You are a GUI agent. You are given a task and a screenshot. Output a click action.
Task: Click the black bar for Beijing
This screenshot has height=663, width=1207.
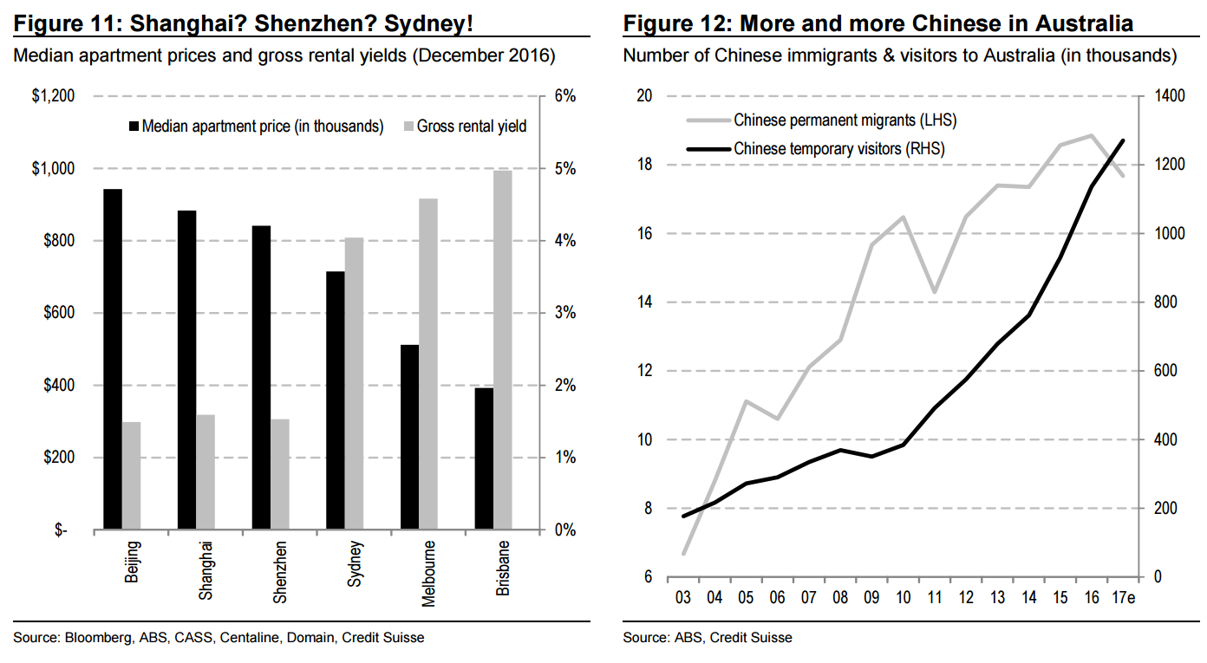coord(113,359)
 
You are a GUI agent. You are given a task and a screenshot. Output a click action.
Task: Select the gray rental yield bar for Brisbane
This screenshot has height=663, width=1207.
coord(503,350)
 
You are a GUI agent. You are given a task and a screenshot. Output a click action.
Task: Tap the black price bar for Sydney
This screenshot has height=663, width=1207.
coord(336,400)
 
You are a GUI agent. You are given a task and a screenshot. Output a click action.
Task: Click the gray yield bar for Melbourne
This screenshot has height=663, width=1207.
coord(428,364)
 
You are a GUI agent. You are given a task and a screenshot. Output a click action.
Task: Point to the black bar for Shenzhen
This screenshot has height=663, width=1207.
coord(261,378)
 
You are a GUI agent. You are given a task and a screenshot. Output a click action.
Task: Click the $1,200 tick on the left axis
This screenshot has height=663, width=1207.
coord(52,96)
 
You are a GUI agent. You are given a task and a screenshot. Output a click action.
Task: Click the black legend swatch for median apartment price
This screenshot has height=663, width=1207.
coord(133,127)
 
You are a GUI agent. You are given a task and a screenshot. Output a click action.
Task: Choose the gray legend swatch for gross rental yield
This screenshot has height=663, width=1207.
coord(408,127)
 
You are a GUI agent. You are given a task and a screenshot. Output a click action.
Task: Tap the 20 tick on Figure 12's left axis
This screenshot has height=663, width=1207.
coord(644,96)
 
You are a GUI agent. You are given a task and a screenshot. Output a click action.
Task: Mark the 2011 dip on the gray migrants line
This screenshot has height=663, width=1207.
coord(935,292)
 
